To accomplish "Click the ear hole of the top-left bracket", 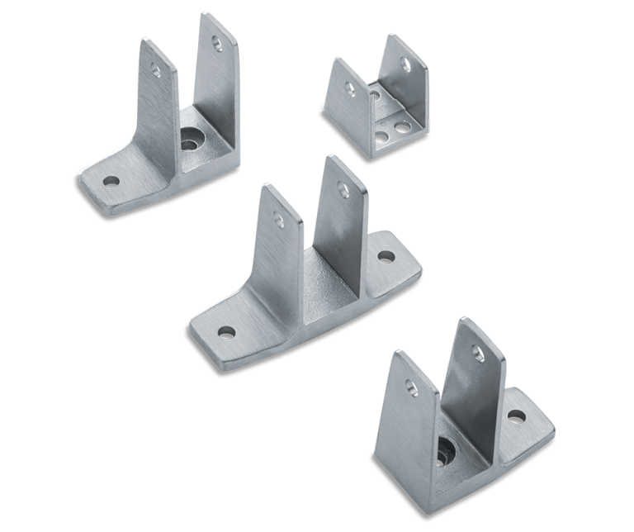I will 111,181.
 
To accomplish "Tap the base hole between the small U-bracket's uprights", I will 375,97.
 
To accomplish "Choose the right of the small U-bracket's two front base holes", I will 402,128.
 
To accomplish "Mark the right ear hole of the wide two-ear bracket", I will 386,255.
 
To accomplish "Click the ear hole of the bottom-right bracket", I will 517,416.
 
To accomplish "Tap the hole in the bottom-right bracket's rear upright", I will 476,353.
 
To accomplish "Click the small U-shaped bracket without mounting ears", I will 376,95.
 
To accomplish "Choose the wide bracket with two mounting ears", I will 305,264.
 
